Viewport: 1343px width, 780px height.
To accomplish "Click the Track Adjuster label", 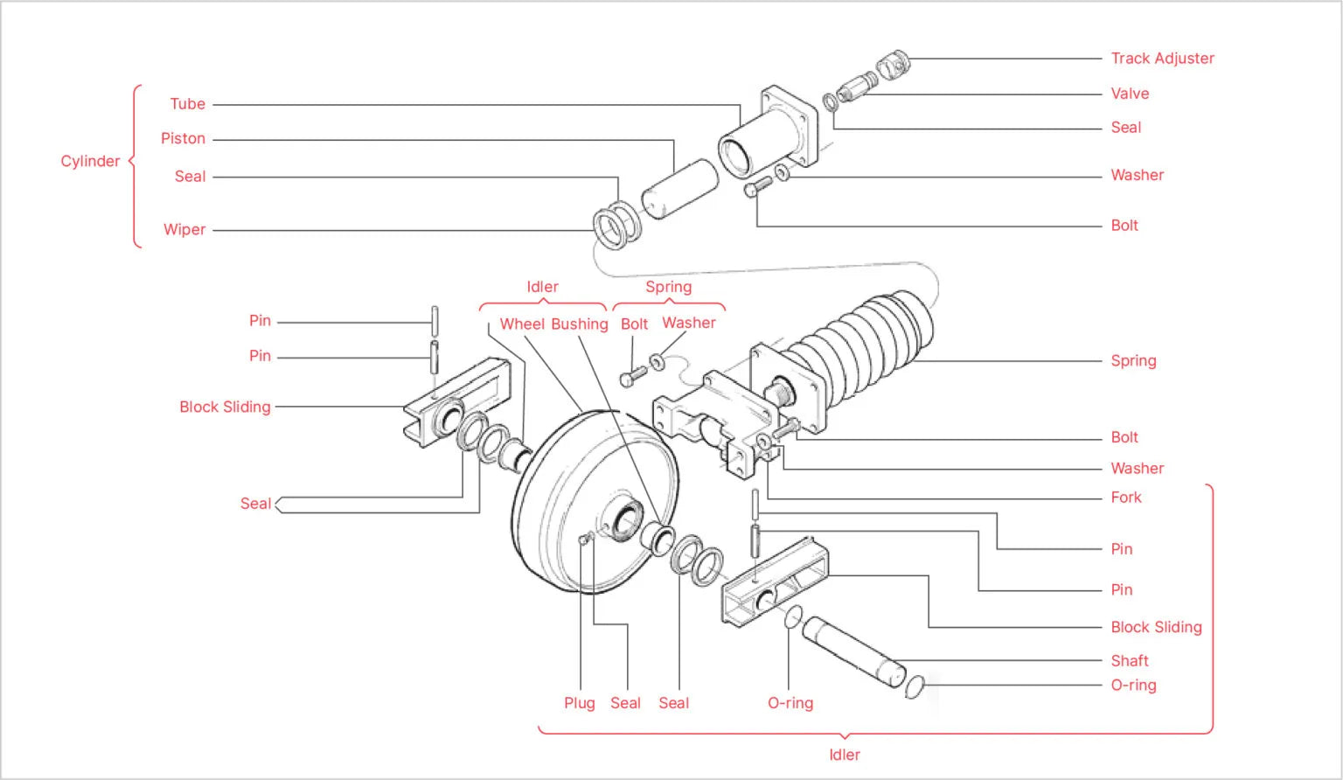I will point(1162,59).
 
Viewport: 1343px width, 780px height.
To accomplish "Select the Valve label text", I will point(1130,94).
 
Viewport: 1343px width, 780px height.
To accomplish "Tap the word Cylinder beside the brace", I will point(90,161).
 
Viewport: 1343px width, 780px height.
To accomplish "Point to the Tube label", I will point(187,104).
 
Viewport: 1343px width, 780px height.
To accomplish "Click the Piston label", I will point(183,139).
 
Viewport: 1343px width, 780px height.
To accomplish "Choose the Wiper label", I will point(184,230).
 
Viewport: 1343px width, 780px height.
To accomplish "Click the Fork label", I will point(1126,498).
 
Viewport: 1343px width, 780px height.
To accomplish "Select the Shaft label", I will point(1130,661).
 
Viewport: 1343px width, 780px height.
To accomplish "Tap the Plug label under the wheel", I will point(579,703).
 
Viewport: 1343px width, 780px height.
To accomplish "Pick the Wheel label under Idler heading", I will point(523,324).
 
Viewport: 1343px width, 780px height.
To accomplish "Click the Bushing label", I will point(579,324).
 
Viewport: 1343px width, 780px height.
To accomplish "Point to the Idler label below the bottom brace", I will point(844,755).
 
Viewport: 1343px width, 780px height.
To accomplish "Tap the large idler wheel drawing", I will point(595,503).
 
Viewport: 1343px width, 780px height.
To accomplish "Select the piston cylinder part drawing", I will point(679,188).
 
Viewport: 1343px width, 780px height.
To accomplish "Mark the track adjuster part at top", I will point(894,65).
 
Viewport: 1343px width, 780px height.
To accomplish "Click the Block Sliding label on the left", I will point(225,407).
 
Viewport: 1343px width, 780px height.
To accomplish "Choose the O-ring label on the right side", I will point(1133,686).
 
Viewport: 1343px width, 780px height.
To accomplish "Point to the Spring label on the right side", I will point(1133,361).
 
